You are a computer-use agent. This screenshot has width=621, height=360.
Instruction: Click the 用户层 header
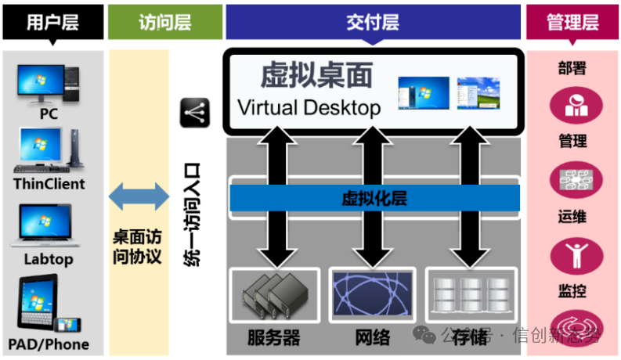tap(52, 22)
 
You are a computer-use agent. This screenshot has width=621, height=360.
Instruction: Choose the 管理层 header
tap(573, 22)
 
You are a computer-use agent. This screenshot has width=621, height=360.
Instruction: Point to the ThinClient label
tap(49, 185)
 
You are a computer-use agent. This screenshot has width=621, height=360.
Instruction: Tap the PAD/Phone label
tap(49, 344)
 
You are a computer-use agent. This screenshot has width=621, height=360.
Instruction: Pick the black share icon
tap(196, 113)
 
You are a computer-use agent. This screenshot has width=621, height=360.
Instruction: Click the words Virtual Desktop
tap(309, 106)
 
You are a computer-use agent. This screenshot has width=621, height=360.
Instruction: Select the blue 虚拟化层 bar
tap(374, 199)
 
